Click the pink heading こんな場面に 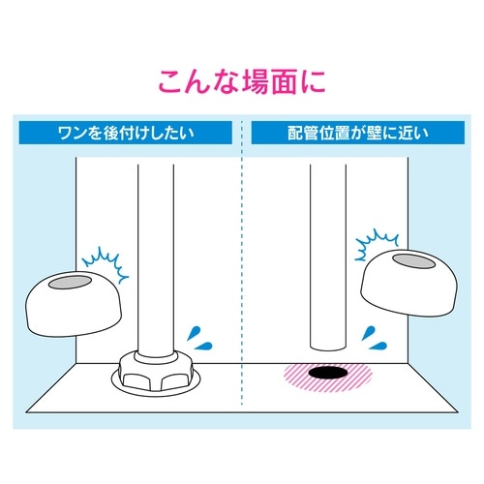tap(241, 80)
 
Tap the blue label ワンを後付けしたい tap(127, 134)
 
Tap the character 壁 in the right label tap(379, 134)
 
